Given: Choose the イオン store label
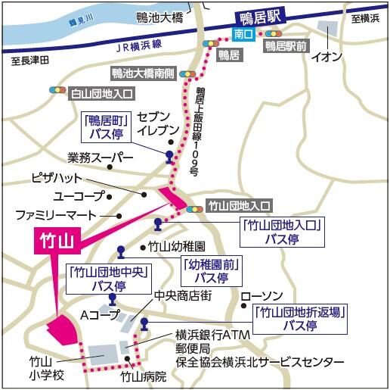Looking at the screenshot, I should coord(327,55).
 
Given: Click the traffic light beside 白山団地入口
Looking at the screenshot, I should coord(56,93).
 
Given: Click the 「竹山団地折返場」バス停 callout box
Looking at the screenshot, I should coord(301,319).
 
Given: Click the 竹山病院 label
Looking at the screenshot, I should coord(143,375).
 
